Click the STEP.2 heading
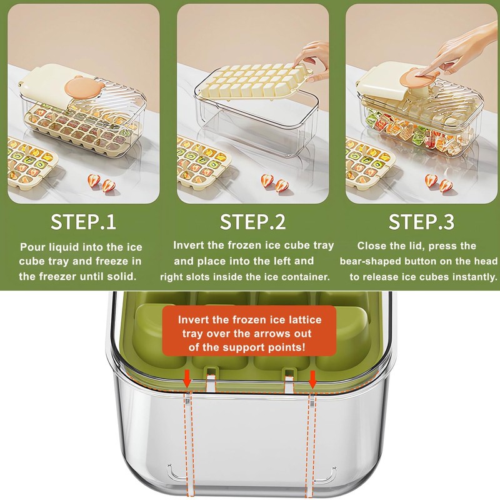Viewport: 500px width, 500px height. [x=252, y=222]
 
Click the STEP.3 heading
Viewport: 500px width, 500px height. [x=421, y=222]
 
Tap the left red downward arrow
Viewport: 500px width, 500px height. [x=187, y=378]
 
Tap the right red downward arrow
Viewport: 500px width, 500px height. [x=313, y=378]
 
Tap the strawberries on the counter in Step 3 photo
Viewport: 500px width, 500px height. [x=438, y=184]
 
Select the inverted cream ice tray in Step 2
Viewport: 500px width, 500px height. [x=250, y=81]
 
